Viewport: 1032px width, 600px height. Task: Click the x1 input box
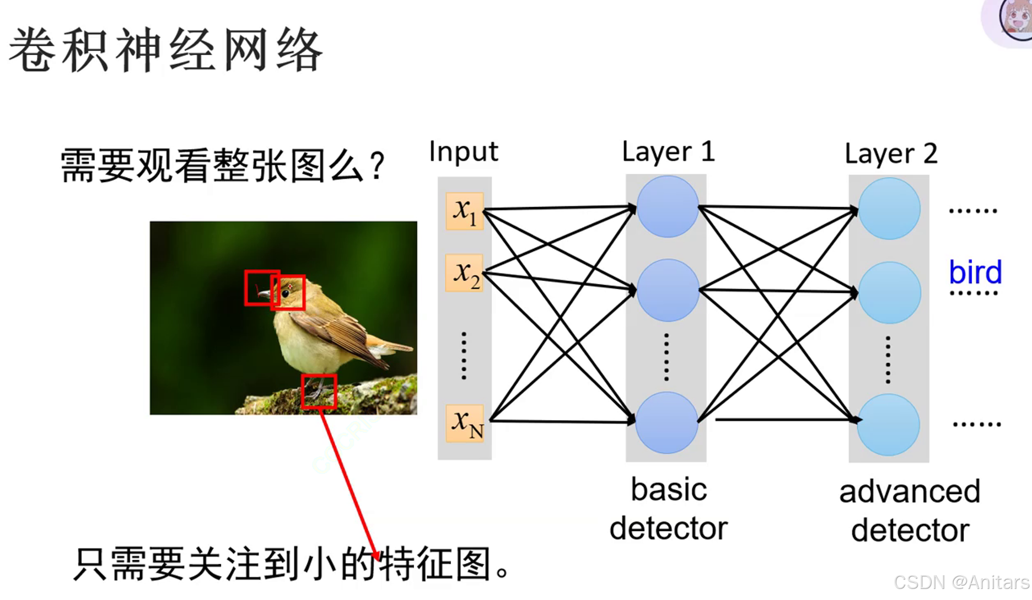(x=464, y=211)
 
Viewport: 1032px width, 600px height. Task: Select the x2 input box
(x=464, y=272)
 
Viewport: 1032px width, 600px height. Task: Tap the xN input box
(x=464, y=423)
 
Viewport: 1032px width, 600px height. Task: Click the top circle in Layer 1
(x=667, y=207)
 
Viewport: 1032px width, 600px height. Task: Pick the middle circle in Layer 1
(x=667, y=290)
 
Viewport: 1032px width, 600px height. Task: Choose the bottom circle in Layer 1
(x=666, y=422)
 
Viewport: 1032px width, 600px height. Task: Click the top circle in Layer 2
(x=889, y=208)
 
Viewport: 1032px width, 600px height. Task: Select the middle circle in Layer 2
(x=889, y=292)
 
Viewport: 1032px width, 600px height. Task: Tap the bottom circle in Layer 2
(x=888, y=424)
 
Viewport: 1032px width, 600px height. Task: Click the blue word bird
(x=975, y=272)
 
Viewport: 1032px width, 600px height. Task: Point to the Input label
(x=463, y=152)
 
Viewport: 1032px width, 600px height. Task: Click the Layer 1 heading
(x=668, y=152)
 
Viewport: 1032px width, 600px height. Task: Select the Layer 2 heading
(x=890, y=153)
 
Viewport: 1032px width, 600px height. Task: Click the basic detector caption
(x=668, y=508)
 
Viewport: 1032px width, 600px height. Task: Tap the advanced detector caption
(x=910, y=511)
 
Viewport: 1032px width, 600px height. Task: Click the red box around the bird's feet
(x=319, y=392)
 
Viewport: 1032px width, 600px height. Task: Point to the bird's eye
(x=286, y=293)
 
